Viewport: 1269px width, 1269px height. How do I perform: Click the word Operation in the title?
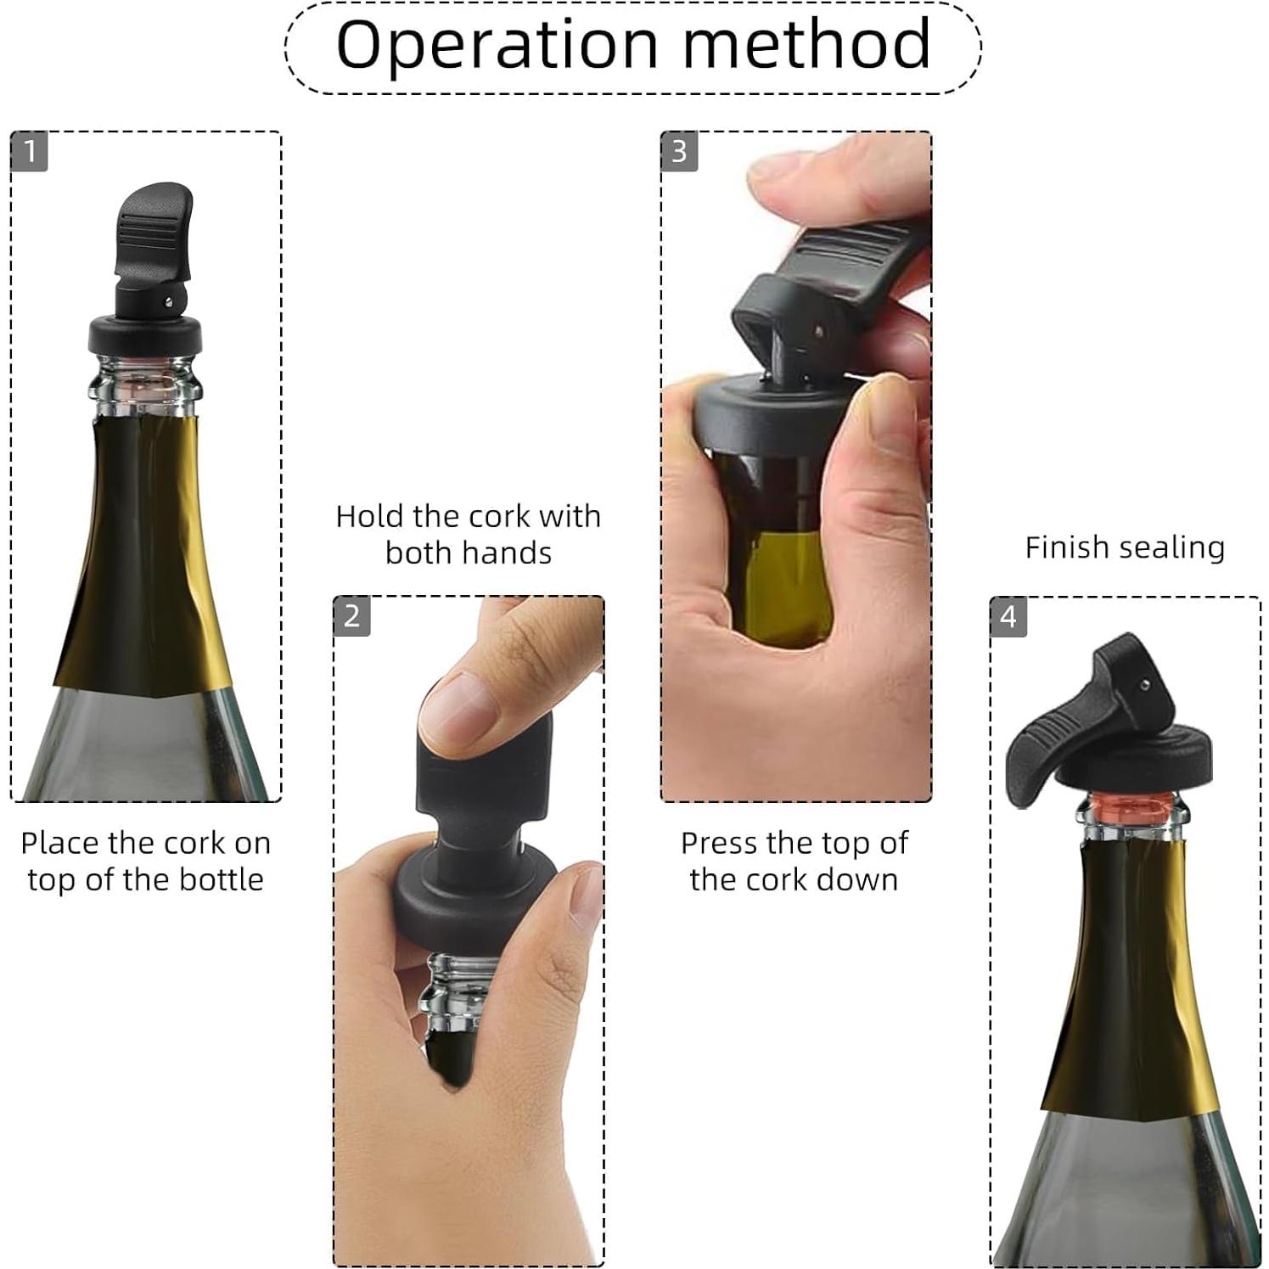497,44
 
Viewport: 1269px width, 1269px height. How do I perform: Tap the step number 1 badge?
30,152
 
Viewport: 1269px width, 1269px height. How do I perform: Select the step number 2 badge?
352,616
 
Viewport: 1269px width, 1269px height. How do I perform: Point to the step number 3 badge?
679,152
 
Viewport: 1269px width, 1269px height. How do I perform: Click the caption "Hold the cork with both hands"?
468,534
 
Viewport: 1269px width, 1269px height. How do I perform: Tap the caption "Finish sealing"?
1125,547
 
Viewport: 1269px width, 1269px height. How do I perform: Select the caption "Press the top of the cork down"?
795,861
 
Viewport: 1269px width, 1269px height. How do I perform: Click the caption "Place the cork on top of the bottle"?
145,861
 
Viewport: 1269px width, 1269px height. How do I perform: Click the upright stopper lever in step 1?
153,229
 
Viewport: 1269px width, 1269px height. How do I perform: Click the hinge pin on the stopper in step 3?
819,332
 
